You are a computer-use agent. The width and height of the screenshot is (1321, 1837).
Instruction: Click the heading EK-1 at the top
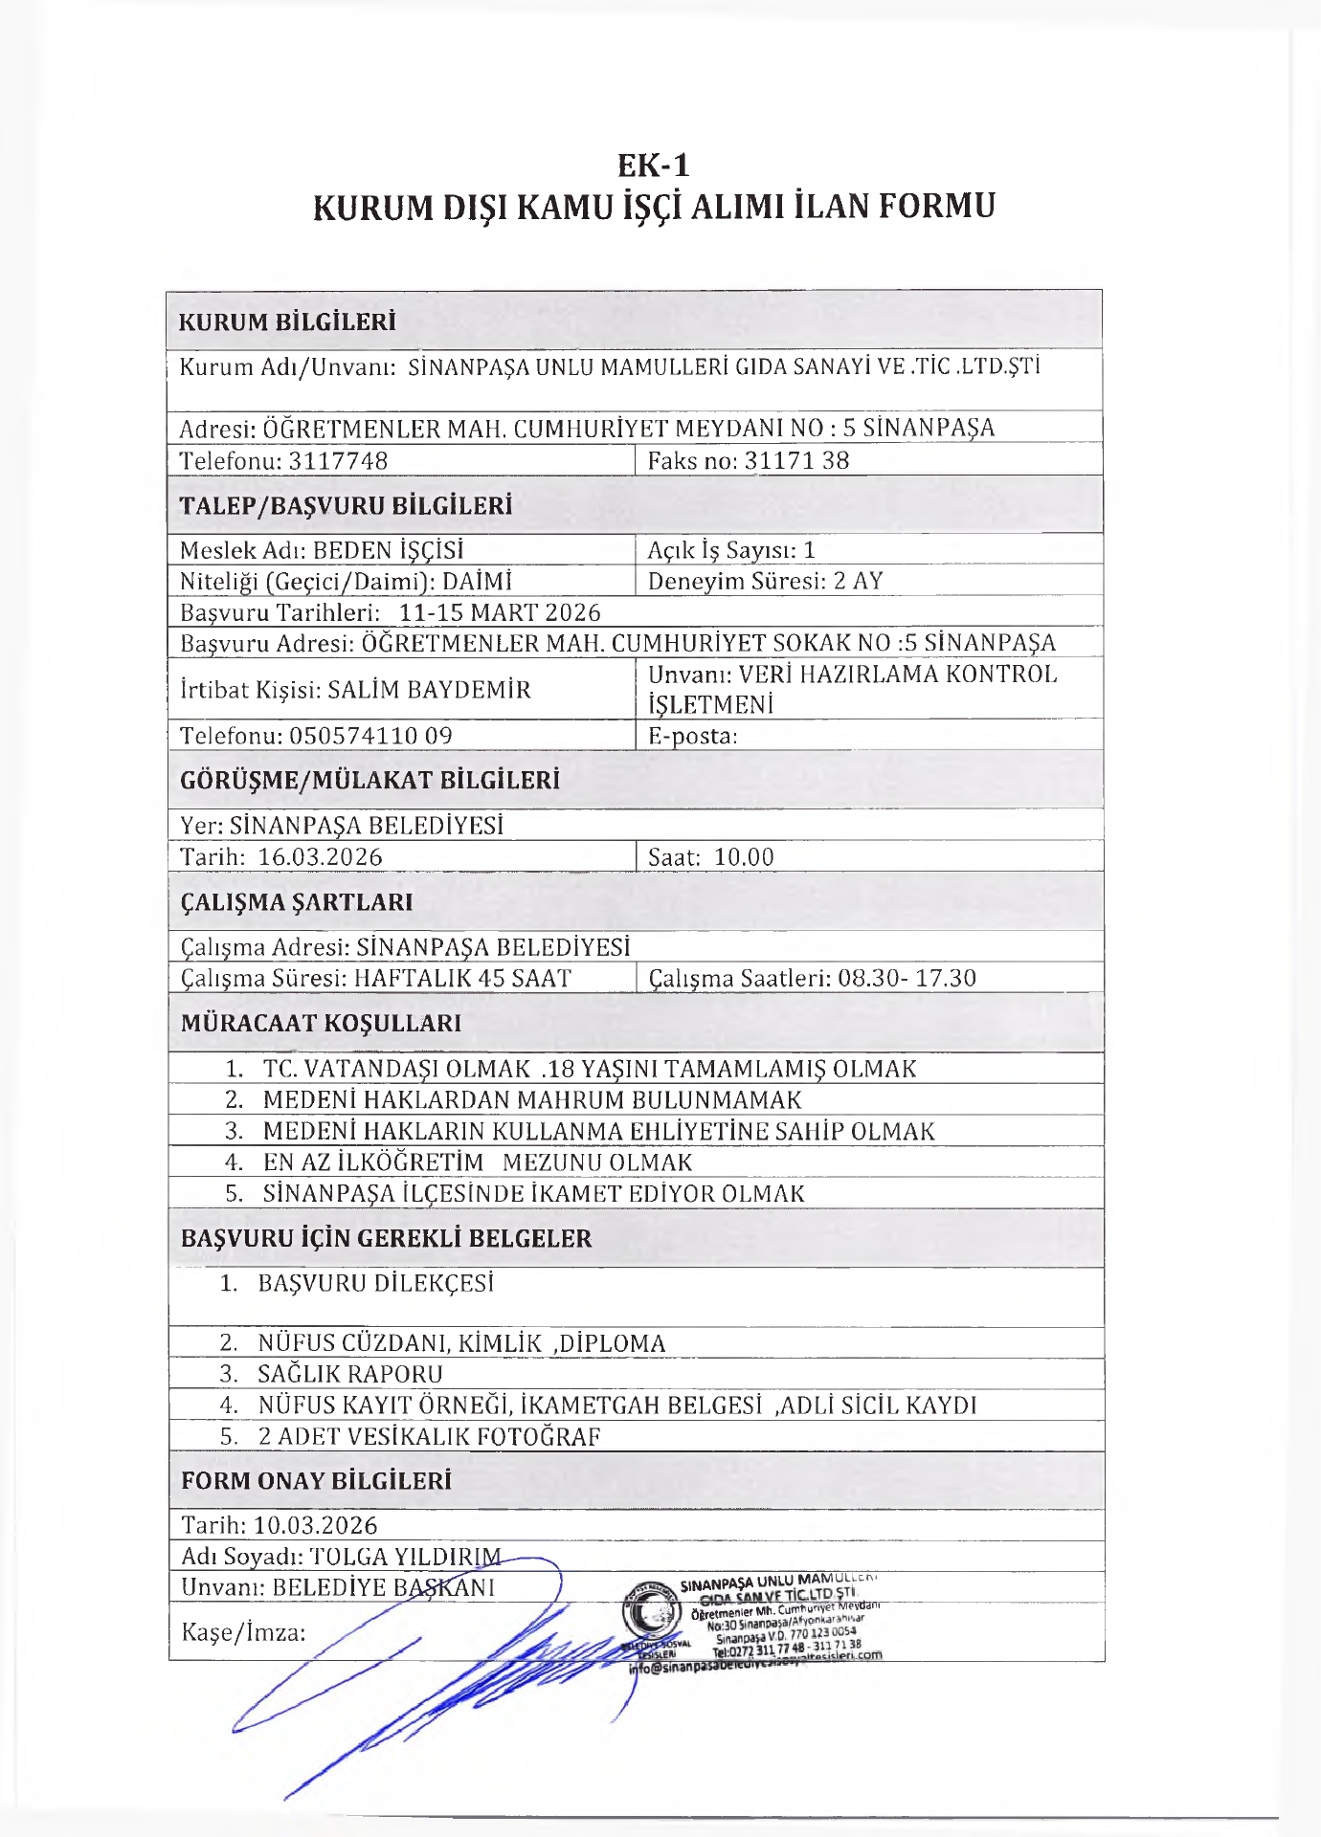pyautogui.click(x=653, y=166)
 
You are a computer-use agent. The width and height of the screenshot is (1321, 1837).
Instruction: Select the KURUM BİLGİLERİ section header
pyautogui.click(x=287, y=321)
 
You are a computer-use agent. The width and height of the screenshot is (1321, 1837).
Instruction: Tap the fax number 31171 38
pyautogui.click(x=796, y=460)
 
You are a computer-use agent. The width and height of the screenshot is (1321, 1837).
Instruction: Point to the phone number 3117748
pyautogui.click(x=338, y=460)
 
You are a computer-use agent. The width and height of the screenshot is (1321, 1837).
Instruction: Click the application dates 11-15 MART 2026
pyautogui.click(x=500, y=612)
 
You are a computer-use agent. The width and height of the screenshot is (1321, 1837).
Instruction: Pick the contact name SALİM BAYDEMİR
pyautogui.click(x=429, y=689)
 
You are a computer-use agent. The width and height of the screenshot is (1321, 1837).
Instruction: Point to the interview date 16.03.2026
pyautogui.click(x=320, y=856)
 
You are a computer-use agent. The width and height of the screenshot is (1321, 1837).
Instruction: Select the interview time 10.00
pyautogui.click(x=744, y=856)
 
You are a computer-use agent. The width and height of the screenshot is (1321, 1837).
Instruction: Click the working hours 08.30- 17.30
pyautogui.click(x=907, y=978)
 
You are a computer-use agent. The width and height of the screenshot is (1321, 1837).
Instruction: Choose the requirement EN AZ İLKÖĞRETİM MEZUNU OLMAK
pyautogui.click(x=477, y=1162)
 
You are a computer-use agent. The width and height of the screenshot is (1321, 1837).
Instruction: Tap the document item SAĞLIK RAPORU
pyautogui.click(x=349, y=1374)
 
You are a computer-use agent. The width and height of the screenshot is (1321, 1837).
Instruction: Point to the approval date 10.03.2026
pyautogui.click(x=316, y=1525)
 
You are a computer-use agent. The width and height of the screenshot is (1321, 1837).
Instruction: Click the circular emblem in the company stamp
pyautogui.click(x=653, y=1616)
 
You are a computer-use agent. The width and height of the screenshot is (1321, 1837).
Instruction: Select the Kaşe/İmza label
pyautogui.click(x=243, y=1632)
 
